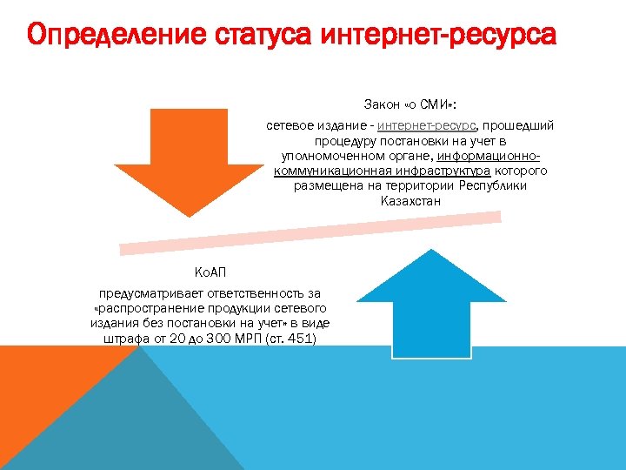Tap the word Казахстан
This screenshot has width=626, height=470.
click(410, 201)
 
